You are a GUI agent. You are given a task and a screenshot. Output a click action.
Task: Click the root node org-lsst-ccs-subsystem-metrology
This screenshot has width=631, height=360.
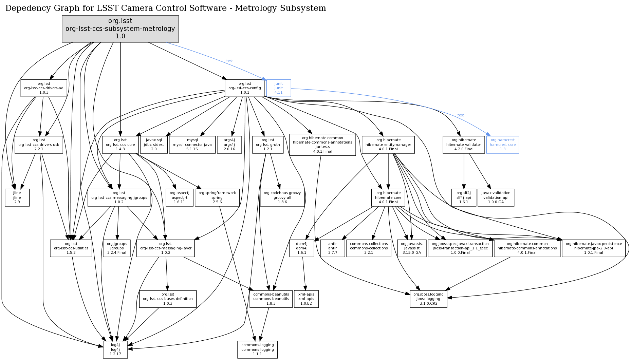(x=120, y=29)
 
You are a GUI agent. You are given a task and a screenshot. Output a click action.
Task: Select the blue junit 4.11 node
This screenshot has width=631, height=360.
(x=279, y=88)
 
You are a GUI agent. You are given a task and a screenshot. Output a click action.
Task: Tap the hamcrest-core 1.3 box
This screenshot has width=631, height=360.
(x=502, y=145)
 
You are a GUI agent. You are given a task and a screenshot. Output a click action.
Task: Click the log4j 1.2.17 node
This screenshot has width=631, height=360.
(x=115, y=349)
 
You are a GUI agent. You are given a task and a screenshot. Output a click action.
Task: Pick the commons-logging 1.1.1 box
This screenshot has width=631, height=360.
(x=257, y=349)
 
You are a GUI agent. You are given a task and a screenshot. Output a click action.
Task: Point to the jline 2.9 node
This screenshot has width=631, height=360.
(x=17, y=197)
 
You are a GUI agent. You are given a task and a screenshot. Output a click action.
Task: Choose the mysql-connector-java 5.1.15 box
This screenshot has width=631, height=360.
(x=192, y=145)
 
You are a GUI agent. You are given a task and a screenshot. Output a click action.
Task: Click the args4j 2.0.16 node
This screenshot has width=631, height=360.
(x=229, y=145)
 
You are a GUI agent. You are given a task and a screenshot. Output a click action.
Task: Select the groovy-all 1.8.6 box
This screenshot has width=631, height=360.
(x=282, y=197)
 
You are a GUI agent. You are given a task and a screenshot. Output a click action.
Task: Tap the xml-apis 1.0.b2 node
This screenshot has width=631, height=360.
(x=306, y=299)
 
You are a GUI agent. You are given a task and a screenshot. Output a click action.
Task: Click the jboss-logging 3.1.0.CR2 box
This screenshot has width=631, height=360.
(x=428, y=299)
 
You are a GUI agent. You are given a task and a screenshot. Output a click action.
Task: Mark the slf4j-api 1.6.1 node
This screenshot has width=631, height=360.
(x=464, y=197)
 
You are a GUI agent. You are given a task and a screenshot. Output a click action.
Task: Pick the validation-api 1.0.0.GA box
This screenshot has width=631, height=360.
(x=496, y=197)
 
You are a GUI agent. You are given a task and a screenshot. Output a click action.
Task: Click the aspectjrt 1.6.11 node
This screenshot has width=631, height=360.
(x=180, y=197)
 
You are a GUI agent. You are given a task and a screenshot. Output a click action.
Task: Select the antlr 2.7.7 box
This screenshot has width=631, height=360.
(x=333, y=248)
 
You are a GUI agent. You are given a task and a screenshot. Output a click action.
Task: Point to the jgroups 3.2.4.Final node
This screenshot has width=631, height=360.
(x=117, y=248)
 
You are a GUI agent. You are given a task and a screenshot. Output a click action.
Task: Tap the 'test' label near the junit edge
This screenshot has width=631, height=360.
(x=229, y=61)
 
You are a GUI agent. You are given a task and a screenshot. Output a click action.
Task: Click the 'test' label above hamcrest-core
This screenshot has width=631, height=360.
(x=461, y=115)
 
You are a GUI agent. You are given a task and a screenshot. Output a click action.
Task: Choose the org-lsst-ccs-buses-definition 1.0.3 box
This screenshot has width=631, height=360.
(x=168, y=299)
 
